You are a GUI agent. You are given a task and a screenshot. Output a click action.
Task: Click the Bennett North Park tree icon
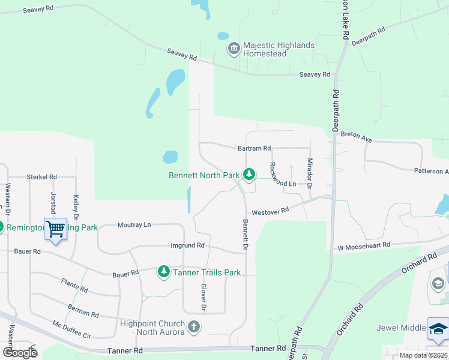(249, 175)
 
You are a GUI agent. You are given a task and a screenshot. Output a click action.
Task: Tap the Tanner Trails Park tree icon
(164, 272)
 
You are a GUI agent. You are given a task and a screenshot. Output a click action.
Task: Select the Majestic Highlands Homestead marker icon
(233, 49)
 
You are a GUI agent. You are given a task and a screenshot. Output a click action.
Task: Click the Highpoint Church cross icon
(193, 327)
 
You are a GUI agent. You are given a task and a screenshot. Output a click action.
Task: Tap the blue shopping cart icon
(55, 229)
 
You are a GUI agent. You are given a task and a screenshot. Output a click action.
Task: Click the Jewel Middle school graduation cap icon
(438, 328)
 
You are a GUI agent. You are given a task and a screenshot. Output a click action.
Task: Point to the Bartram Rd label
(254, 148)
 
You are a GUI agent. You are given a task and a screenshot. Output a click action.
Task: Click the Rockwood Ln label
(283, 174)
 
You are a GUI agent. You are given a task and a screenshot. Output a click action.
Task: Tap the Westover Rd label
(270, 211)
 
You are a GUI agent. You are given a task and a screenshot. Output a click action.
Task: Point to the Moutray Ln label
(134, 224)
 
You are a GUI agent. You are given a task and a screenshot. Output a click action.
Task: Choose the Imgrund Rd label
(187, 245)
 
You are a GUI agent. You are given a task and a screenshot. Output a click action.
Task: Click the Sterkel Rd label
(41, 177)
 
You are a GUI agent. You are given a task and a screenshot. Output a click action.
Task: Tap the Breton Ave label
(357, 137)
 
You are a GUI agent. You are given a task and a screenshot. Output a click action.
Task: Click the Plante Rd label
(74, 285)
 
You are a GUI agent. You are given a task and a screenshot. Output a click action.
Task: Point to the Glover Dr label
(204, 298)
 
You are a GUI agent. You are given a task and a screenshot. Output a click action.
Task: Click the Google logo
(19, 352)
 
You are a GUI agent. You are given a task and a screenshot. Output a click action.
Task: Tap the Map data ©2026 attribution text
(423, 355)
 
